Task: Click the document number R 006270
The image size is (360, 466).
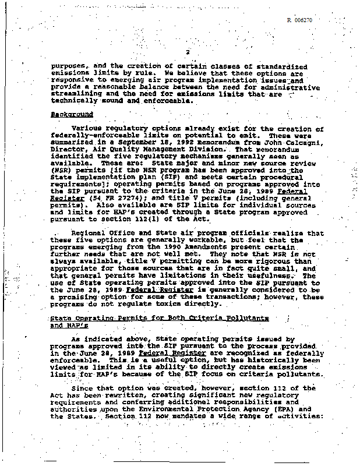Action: [x=300, y=20]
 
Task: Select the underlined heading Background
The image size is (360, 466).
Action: [x=72, y=114]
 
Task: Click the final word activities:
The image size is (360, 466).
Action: [x=299, y=416]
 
